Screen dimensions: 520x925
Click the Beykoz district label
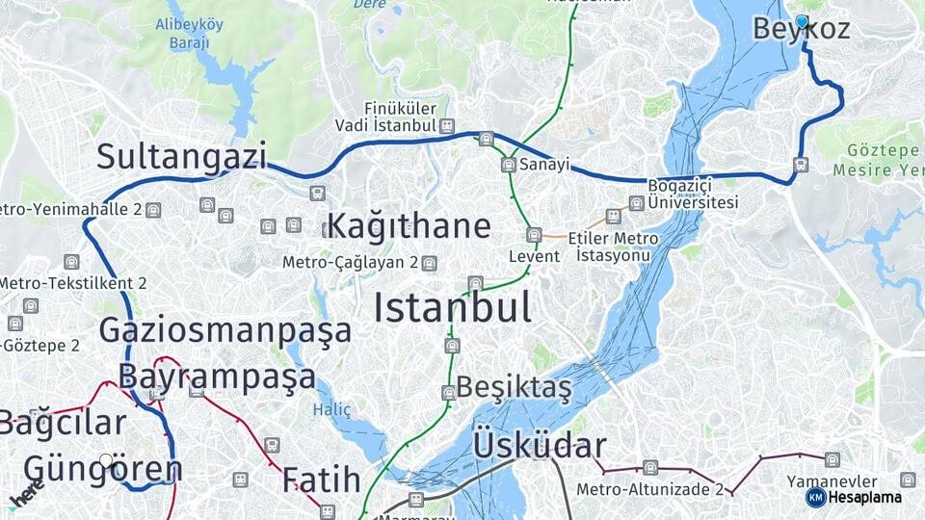coord(802,29)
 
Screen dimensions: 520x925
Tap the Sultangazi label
coord(180,156)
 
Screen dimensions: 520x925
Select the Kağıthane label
coord(409,226)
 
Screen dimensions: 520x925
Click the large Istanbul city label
coord(453,308)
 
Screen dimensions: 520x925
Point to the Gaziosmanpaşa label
coord(225,330)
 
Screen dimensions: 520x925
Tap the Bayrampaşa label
coord(217,376)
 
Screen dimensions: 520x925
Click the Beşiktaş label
coord(513,388)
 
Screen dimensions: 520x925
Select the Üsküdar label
coord(540,446)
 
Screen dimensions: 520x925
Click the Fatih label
coord(321,480)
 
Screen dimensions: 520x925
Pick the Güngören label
coord(103,470)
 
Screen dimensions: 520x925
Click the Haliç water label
coord(331,409)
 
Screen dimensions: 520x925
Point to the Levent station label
coord(535,257)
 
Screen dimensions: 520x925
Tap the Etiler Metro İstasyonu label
coord(614,247)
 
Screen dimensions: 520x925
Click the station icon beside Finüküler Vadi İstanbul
coord(447,126)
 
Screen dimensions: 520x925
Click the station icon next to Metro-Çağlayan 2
coord(430,263)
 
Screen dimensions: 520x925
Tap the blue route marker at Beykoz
coord(802,20)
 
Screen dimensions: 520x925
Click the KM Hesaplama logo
coord(854,497)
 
